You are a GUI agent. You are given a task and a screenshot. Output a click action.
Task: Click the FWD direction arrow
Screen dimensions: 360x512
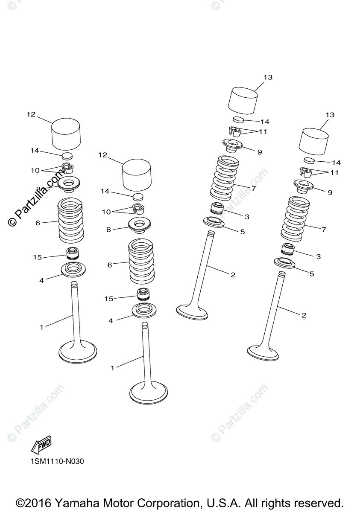pos(41,445)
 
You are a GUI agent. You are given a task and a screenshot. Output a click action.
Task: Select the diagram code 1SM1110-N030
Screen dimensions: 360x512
pos(57,461)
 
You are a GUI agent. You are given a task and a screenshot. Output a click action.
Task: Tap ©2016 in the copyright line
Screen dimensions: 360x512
pos(33,495)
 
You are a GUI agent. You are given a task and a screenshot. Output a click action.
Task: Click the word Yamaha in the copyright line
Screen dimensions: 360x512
pos(77,495)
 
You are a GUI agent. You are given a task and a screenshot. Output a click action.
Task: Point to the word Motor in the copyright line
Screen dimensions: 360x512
pos(118,495)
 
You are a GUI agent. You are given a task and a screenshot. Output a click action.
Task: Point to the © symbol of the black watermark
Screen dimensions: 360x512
pos(12,221)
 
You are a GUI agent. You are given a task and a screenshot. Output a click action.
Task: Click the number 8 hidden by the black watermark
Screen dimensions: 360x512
pos(38,189)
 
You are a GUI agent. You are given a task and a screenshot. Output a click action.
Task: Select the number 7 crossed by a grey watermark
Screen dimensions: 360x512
pos(253,188)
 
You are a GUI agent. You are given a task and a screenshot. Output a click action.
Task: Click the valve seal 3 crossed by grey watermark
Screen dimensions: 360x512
pos(217,208)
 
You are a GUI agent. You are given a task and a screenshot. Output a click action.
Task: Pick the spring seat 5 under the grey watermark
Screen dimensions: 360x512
pos(214,222)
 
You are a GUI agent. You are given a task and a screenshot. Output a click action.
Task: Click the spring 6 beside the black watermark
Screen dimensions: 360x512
pos(70,220)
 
